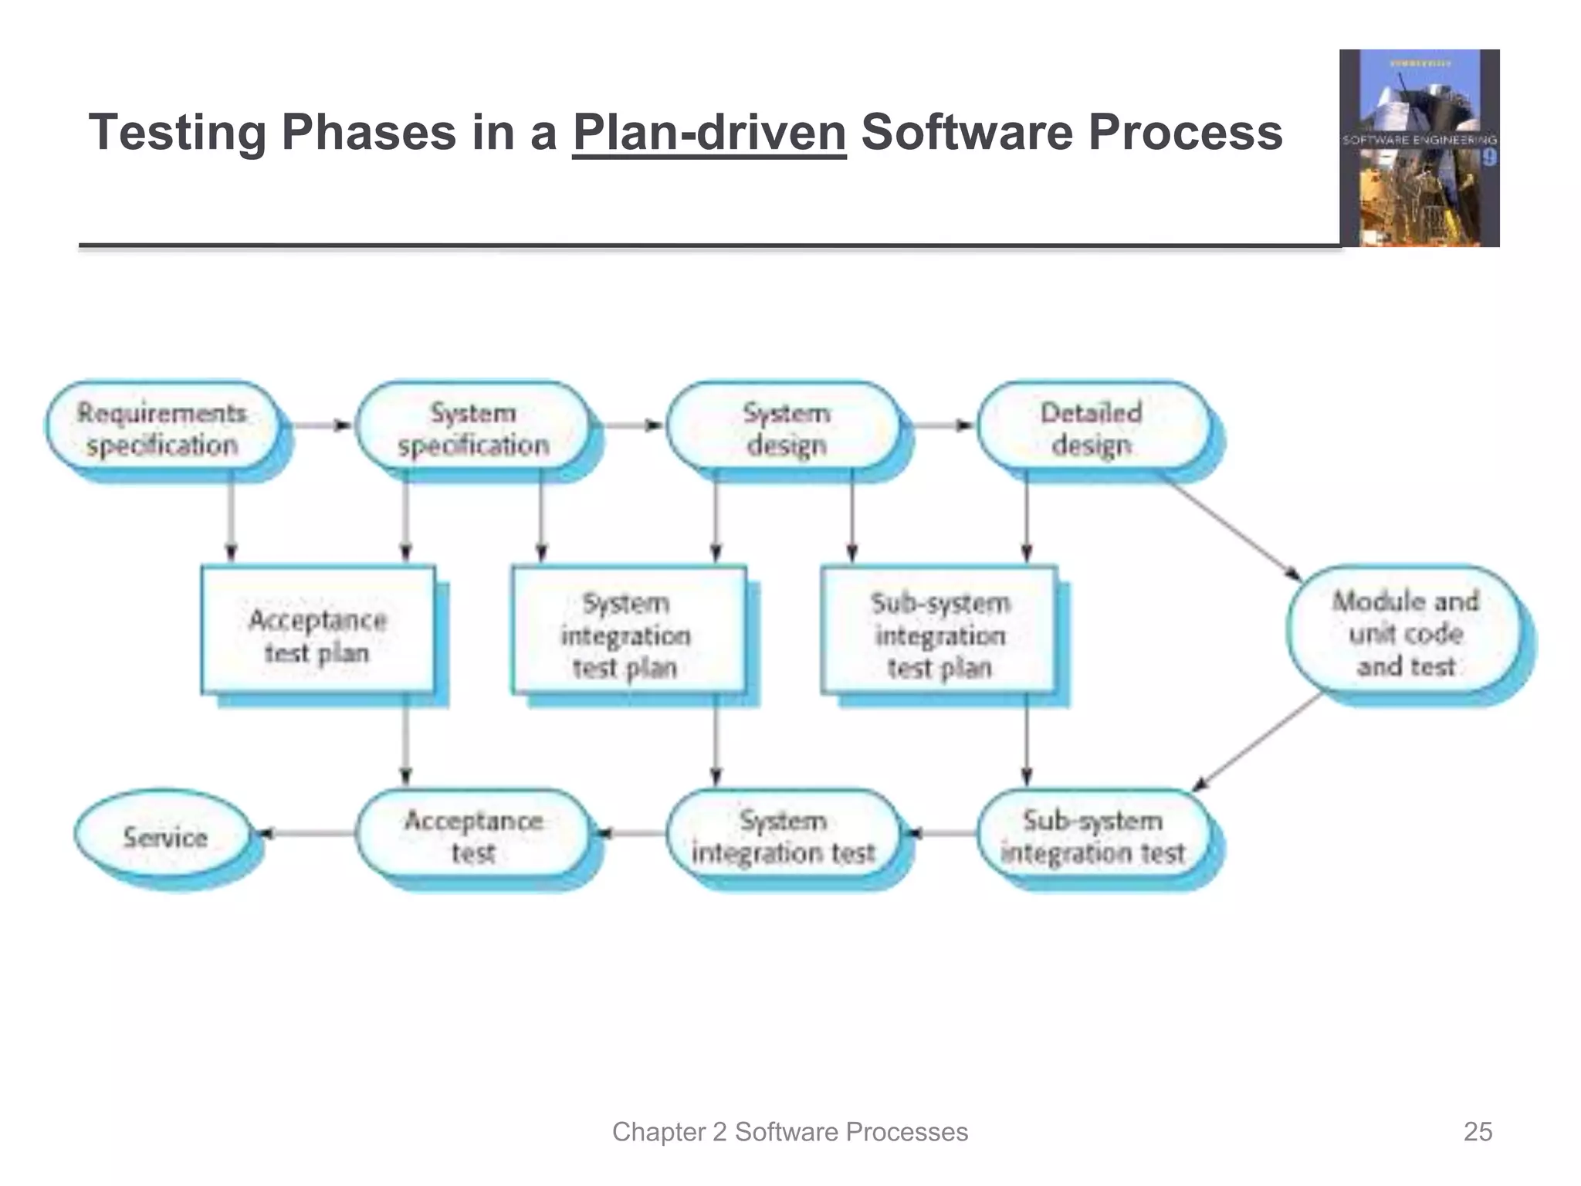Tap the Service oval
coord(164,835)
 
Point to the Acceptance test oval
coord(472,835)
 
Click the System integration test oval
coord(783,835)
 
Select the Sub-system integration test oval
coord(1092,835)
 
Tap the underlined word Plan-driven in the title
coord(709,133)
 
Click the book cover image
coord(1419,148)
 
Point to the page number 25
coord(1478,1131)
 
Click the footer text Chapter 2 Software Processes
coord(790,1131)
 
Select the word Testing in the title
coord(178,133)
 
